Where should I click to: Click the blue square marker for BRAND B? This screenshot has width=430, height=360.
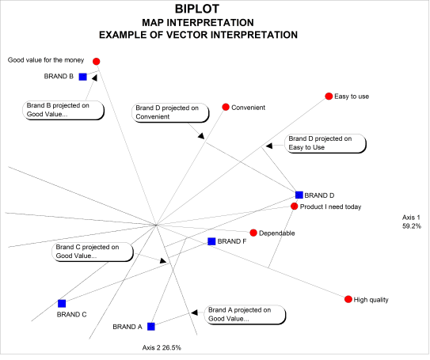[x=82, y=77]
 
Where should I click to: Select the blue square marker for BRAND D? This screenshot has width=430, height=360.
[x=299, y=195]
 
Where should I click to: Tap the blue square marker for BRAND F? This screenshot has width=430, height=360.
[x=211, y=241]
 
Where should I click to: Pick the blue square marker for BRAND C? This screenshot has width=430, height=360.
[x=62, y=303]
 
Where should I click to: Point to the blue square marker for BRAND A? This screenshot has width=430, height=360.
[x=150, y=326]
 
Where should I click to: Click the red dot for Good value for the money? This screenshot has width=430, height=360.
[x=97, y=61]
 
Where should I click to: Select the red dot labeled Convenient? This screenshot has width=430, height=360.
[x=226, y=107]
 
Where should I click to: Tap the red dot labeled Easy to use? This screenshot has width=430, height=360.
[x=329, y=97]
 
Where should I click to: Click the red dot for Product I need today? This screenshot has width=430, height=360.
[x=294, y=207]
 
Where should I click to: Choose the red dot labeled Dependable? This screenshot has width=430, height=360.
[x=253, y=233]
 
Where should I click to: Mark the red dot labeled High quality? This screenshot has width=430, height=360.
[x=347, y=299]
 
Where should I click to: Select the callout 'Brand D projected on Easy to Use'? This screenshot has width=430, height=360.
[x=325, y=142]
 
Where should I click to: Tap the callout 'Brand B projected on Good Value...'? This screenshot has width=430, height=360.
[x=63, y=109]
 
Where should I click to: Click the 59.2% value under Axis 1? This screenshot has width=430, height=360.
[x=412, y=226]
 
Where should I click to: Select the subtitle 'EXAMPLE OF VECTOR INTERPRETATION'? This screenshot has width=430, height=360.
[x=198, y=35]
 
